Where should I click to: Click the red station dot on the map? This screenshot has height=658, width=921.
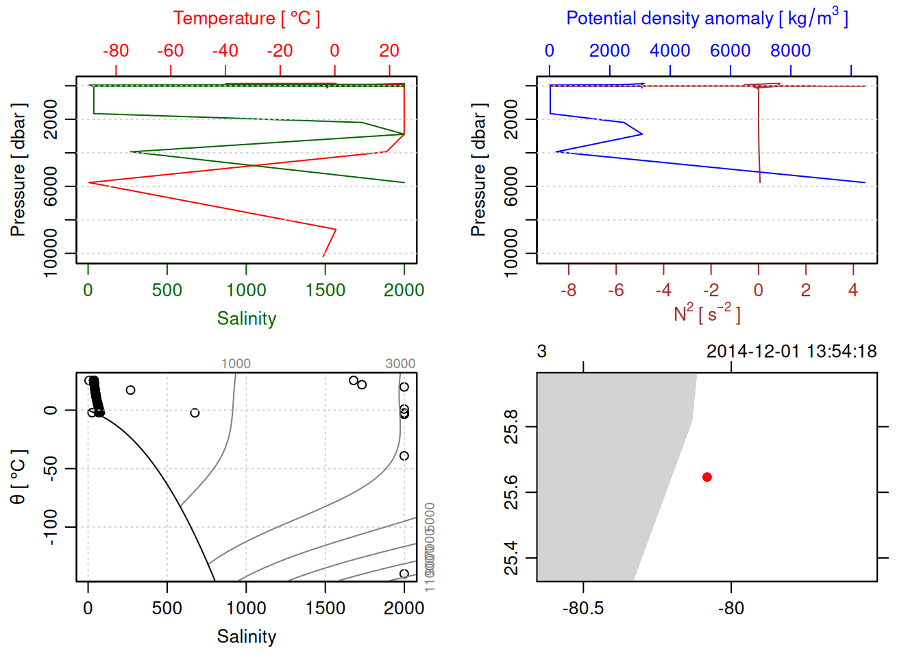[x=707, y=477]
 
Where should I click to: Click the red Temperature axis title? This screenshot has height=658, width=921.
[x=246, y=19]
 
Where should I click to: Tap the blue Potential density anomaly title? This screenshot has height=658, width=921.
[x=707, y=18]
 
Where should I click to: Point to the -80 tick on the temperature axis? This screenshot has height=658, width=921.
[x=116, y=51]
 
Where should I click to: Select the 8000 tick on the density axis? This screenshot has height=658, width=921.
[x=790, y=51]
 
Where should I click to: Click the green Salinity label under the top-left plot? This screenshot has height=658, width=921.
[x=246, y=319]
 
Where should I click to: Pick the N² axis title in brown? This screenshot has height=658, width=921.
[x=707, y=313]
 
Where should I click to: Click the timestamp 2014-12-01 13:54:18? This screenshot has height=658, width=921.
[x=791, y=352]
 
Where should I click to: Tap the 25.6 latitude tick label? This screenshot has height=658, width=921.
[x=511, y=492]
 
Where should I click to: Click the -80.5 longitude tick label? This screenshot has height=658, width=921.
[x=583, y=608]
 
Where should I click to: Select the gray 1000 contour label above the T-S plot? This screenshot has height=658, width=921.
[x=236, y=364]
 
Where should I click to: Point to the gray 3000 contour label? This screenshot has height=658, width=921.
[x=400, y=364]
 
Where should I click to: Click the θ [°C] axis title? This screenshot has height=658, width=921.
[x=18, y=477]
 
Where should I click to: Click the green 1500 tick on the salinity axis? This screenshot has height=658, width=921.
[x=325, y=290]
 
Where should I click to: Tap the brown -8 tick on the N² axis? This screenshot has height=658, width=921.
[x=568, y=290]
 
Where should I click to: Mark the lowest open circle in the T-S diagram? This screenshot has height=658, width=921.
[x=404, y=574]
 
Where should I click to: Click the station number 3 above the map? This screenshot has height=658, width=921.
[x=541, y=352]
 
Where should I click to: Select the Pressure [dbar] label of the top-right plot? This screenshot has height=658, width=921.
[x=478, y=170]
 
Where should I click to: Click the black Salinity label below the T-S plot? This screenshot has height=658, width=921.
[x=246, y=637]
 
